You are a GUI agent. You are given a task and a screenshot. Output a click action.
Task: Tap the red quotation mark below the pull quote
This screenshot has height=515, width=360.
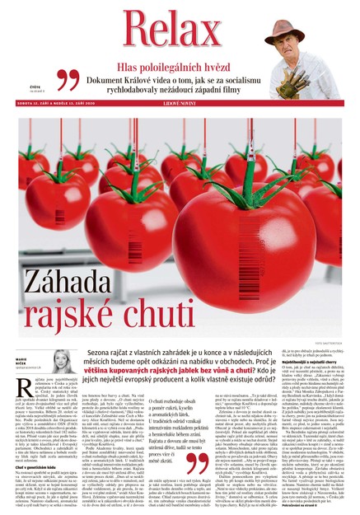coord(195,463)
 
